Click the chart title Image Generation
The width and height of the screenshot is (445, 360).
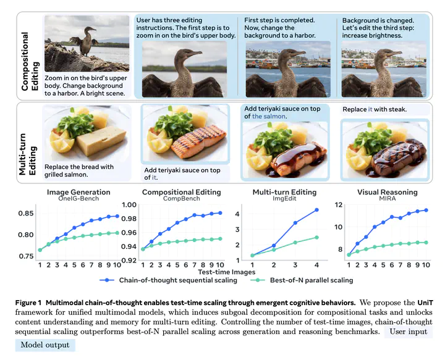coord(78,192)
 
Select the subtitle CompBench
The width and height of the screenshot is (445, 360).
coord(182,199)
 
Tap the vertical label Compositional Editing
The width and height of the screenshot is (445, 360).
coord(27,52)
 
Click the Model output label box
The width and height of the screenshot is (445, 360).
coord(44,345)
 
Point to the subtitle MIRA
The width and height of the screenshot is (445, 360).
coord(388,199)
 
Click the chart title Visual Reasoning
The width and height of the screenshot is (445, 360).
coord(388,192)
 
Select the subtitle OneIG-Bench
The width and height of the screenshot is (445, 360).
coord(78,199)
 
